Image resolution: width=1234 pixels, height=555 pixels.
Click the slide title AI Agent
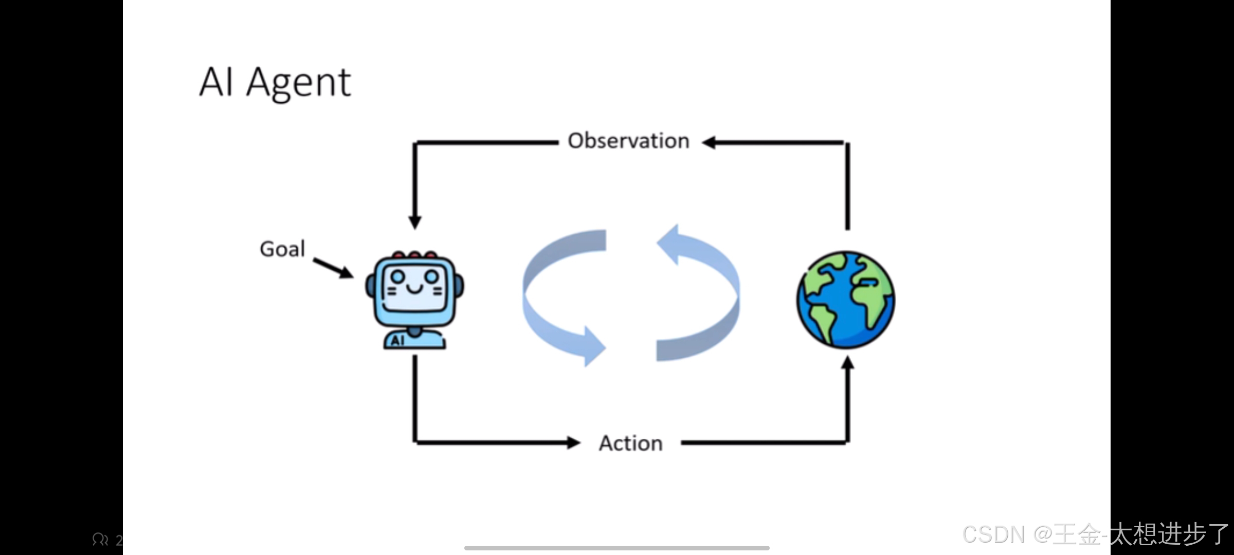pos(275,82)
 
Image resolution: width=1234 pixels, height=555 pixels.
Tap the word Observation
pos(628,141)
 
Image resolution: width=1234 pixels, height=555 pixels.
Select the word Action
pos(631,443)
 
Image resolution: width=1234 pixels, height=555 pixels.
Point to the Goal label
pos(282,249)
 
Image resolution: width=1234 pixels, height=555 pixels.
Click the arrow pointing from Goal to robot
pos(333,267)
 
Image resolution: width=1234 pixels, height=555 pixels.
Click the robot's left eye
pos(397,277)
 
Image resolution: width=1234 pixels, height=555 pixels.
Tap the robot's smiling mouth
pos(414,289)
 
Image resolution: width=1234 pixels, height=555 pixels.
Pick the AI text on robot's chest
pos(397,341)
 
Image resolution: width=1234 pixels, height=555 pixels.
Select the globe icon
pos(846,300)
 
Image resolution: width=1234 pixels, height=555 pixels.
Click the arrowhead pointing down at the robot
pos(415,223)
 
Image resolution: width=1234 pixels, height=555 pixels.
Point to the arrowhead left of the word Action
pos(573,442)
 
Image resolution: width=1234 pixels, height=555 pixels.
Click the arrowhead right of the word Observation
pos(710,142)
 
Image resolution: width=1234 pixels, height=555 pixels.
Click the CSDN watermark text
pos(1095,534)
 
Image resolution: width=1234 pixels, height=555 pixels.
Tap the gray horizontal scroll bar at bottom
pos(616,548)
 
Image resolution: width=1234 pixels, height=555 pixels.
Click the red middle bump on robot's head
pos(414,254)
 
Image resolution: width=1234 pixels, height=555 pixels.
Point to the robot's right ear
pos(459,286)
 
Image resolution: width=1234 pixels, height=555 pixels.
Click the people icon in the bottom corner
pos(100,540)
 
